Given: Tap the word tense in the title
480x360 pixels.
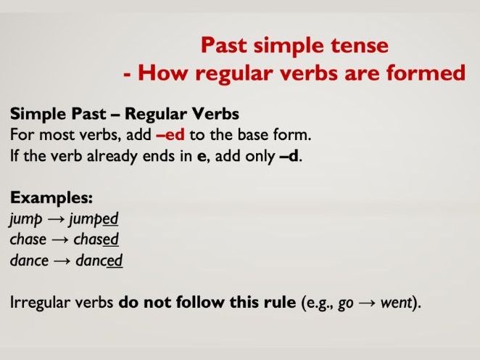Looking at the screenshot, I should [x=360, y=46].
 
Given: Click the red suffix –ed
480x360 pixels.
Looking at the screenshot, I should [x=171, y=134].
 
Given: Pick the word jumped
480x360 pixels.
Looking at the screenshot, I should [x=94, y=218].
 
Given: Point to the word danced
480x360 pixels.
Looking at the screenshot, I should [x=98, y=260].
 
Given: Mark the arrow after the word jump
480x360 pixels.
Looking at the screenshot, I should [x=57, y=218].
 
